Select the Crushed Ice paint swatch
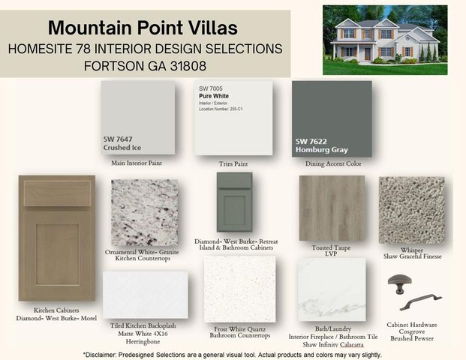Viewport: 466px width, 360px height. click(137, 118)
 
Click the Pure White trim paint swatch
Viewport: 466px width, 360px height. click(232, 118)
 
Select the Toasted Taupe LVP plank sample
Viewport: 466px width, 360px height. click(332, 208)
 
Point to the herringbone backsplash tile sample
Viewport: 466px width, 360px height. click(145, 294)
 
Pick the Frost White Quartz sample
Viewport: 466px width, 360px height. click(240, 289)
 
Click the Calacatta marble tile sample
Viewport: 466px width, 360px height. click(332, 289)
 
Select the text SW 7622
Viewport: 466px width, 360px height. click(311, 140)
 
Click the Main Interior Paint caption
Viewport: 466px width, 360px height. click(137, 162)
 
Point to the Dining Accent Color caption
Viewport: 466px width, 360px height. click(332, 163)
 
